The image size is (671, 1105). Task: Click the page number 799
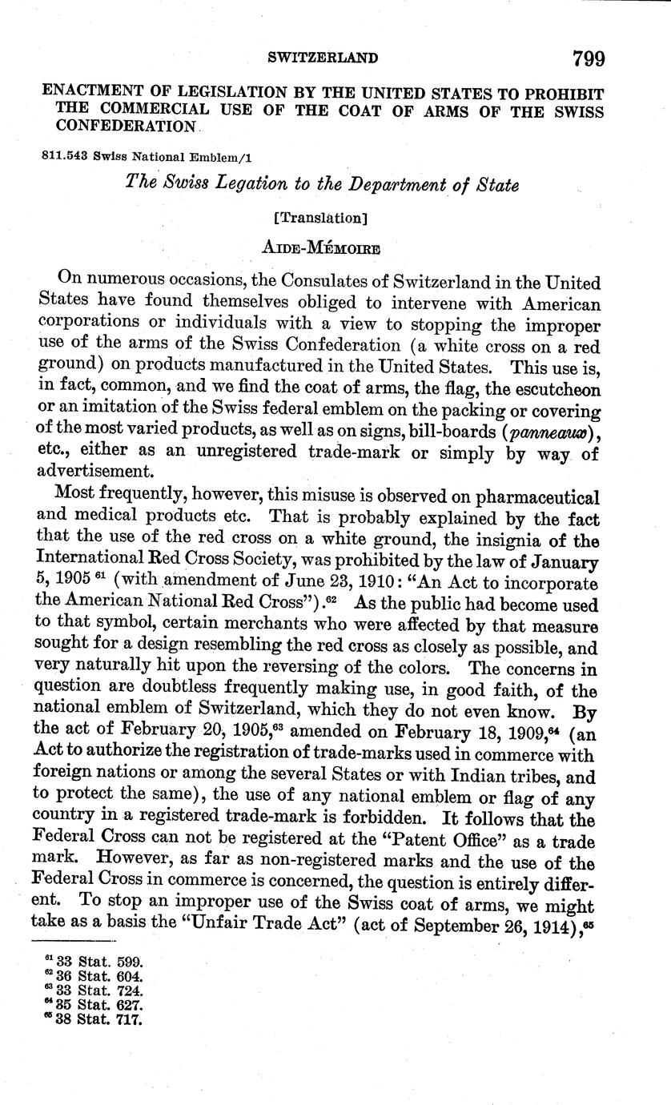click(x=588, y=58)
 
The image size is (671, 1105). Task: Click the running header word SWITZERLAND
click(x=323, y=58)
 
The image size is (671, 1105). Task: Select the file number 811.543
click(x=65, y=157)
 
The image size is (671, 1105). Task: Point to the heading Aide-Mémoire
click(x=321, y=247)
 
